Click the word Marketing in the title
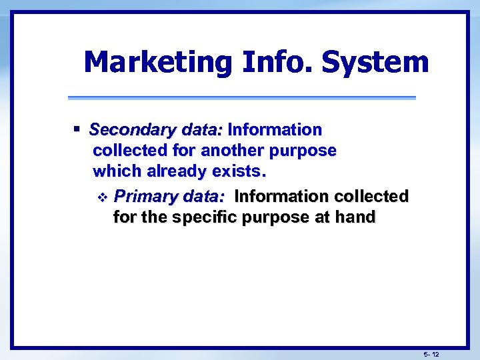tap(157, 63)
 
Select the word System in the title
tap(375, 63)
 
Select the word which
tap(117, 171)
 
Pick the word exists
tap(239, 171)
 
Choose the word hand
tap(356, 217)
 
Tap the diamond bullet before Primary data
tap(101, 197)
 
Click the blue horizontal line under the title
tap(241, 98)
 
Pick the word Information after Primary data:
tap(282, 197)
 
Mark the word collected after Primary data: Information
tap(371, 197)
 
